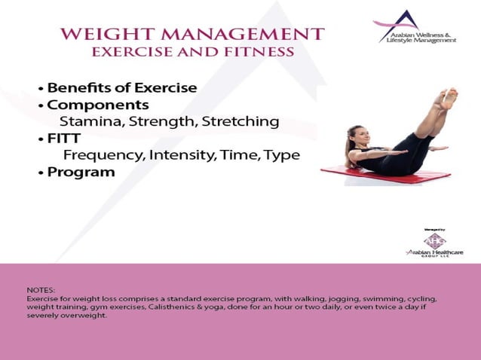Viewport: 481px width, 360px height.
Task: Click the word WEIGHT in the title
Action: (100, 35)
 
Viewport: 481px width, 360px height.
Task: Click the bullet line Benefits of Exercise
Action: (121, 88)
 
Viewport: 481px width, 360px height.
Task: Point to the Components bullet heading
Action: (97, 105)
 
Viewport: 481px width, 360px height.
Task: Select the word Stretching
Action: (240, 121)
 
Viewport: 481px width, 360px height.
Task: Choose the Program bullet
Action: (81, 172)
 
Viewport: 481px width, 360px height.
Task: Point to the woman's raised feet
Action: (449, 98)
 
